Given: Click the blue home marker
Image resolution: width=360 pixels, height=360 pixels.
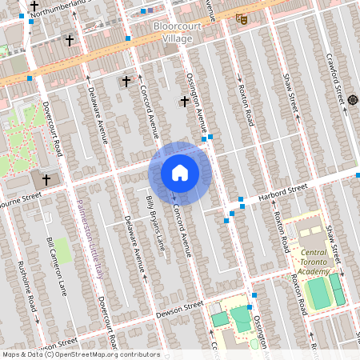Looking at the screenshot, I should coord(180,173).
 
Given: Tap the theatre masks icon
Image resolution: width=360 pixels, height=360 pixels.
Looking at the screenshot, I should coord(242,18).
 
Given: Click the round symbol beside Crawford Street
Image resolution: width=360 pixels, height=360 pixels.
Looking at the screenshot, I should coord(353,100).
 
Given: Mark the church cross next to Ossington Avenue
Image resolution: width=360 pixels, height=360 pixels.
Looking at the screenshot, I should coord(186,101).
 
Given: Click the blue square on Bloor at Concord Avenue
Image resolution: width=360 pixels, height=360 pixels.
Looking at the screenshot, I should coord(128,38).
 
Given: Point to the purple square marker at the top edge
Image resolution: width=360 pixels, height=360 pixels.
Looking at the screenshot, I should coord(149,11).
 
